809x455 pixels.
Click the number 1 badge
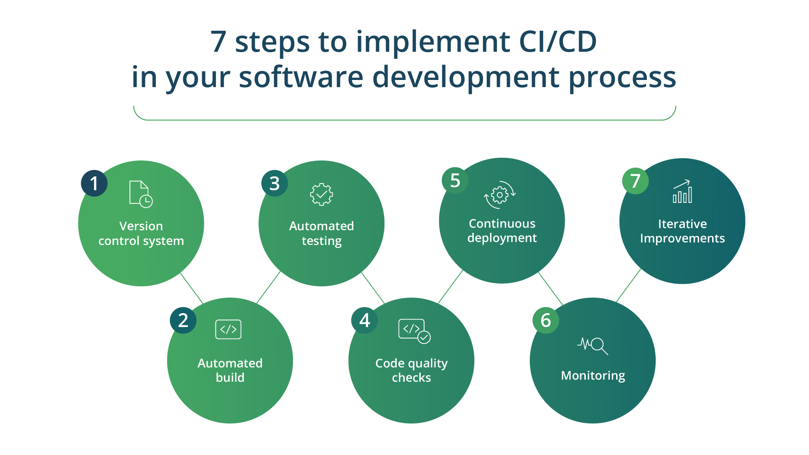(x=94, y=184)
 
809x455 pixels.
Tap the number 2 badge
(x=183, y=320)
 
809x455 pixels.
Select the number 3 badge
(x=275, y=184)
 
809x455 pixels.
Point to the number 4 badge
(x=365, y=320)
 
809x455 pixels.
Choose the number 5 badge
(x=455, y=181)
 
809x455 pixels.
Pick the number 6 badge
(x=546, y=320)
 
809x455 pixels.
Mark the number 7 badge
(x=635, y=181)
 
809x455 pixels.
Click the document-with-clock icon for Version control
(x=141, y=194)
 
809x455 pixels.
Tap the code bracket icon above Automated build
(x=228, y=329)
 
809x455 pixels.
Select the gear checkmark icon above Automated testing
(x=321, y=194)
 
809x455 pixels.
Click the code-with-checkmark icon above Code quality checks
(x=414, y=331)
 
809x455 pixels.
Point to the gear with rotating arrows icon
(x=500, y=195)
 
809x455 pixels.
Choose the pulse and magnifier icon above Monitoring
(x=593, y=346)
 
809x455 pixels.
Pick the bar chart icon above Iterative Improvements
(x=682, y=192)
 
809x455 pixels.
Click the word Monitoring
(x=593, y=375)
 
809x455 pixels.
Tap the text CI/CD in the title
(x=558, y=42)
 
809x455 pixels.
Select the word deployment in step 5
(x=502, y=238)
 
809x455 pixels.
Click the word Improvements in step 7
(x=682, y=239)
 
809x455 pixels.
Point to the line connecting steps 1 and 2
(x=192, y=288)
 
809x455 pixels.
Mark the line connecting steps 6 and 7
(x=628, y=285)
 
